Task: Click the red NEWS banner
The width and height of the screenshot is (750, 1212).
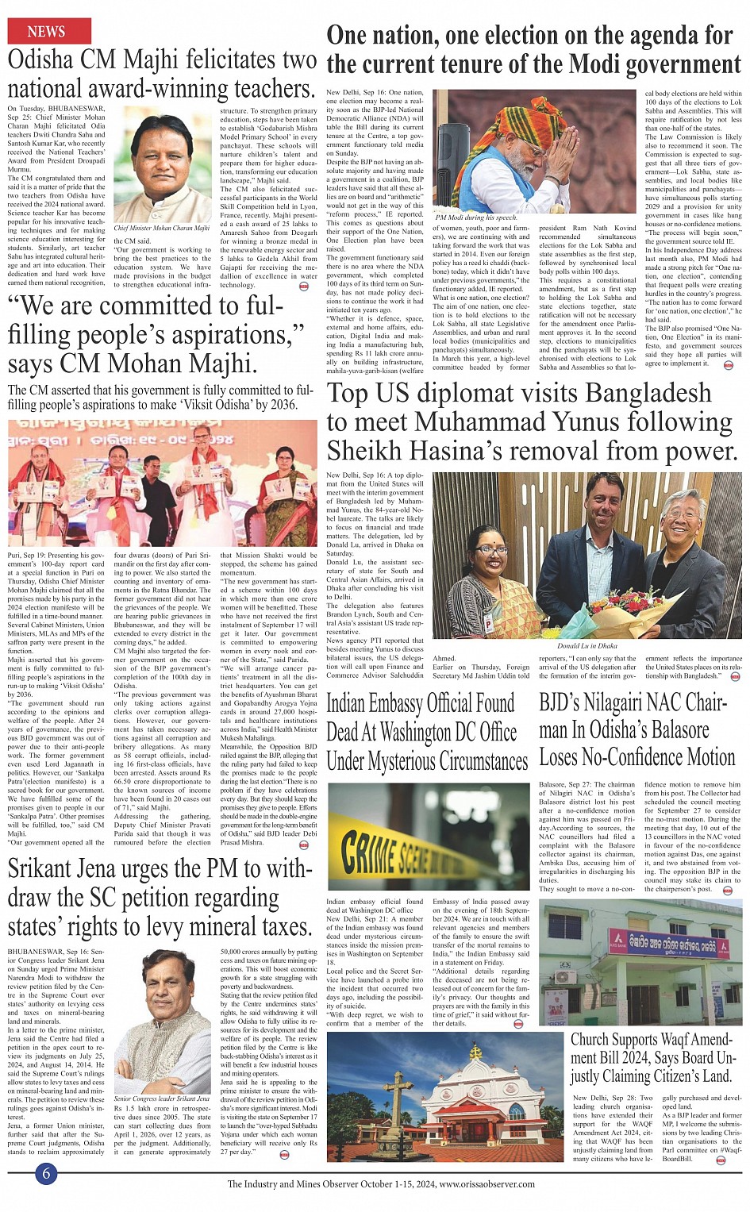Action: [x=47, y=31]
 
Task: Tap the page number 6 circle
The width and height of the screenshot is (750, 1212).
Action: [x=47, y=1173]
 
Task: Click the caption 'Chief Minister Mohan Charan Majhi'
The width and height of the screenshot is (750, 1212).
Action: [x=162, y=228]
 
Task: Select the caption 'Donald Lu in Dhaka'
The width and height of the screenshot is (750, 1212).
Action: [x=587, y=645]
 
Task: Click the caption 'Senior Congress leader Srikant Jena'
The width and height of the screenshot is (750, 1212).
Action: [x=162, y=1098]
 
